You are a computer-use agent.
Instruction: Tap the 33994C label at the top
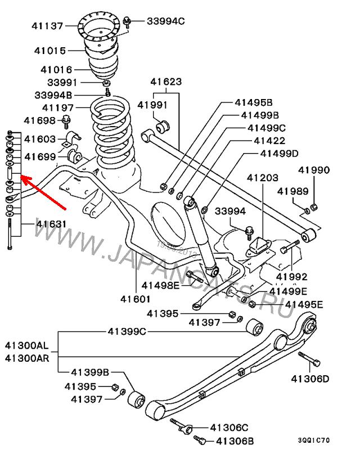166,21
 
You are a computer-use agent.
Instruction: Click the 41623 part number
166,82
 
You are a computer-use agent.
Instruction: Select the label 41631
51,224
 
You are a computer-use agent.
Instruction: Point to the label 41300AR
28,358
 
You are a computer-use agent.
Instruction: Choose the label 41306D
310,379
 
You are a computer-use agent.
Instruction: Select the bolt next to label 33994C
128,22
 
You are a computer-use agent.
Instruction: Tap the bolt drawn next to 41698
67,119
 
